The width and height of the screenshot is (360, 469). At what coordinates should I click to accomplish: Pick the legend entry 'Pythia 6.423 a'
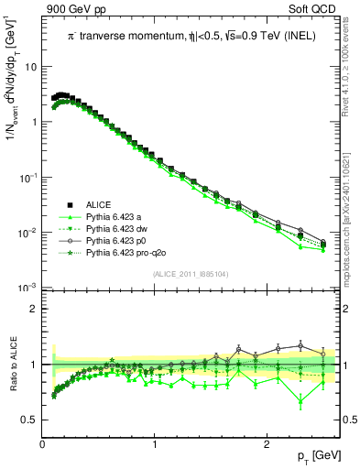(103, 217)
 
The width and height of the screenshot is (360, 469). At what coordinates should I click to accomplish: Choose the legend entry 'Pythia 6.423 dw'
(105, 229)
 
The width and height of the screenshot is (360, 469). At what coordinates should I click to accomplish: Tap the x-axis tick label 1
(155, 444)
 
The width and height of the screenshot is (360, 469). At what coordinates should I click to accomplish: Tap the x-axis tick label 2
(267, 444)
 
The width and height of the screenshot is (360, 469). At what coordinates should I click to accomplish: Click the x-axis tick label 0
(43, 444)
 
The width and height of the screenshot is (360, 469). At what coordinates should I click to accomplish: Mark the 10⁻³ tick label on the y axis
(27, 288)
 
